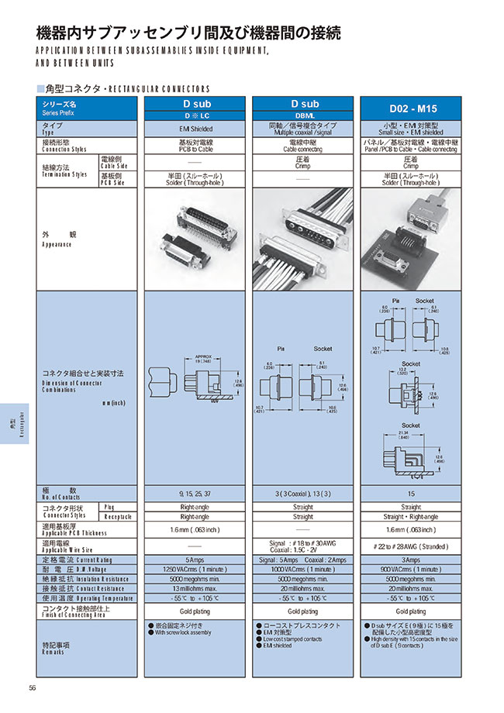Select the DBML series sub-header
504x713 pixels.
(x=304, y=116)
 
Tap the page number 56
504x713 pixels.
(x=33, y=688)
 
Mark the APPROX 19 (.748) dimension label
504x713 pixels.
(x=202, y=359)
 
